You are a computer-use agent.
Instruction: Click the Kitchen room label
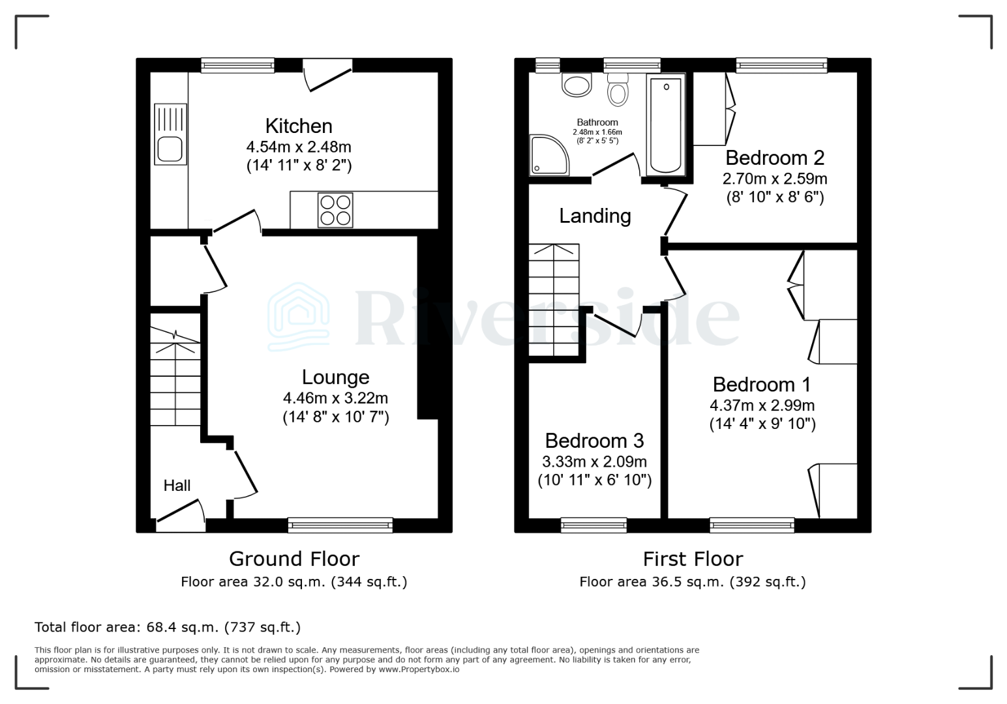tap(299, 126)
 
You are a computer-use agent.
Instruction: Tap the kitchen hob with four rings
tap(335, 210)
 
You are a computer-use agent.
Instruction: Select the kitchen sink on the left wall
tap(170, 134)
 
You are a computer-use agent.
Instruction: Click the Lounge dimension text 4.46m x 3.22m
tap(335, 398)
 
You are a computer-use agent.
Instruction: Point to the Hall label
tap(177, 486)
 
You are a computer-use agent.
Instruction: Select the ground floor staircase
tap(175, 378)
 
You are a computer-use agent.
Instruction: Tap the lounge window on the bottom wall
tap(340, 525)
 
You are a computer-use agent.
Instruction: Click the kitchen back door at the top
tap(327, 73)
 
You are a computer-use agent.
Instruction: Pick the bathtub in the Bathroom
tap(665, 125)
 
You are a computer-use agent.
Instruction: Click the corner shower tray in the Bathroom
tap(549, 155)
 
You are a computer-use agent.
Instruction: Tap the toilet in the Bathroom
tap(617, 90)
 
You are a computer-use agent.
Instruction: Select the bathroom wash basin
tap(577, 85)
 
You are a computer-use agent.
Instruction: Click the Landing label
tap(595, 216)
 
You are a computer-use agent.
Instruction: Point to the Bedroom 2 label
tap(775, 158)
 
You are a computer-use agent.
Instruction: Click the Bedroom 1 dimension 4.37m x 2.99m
tap(762, 405)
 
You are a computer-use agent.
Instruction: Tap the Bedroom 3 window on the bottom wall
tap(594, 525)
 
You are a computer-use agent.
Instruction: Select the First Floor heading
tap(693, 559)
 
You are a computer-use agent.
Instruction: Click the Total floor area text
tap(168, 627)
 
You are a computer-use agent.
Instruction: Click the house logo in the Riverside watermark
tap(299, 317)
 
